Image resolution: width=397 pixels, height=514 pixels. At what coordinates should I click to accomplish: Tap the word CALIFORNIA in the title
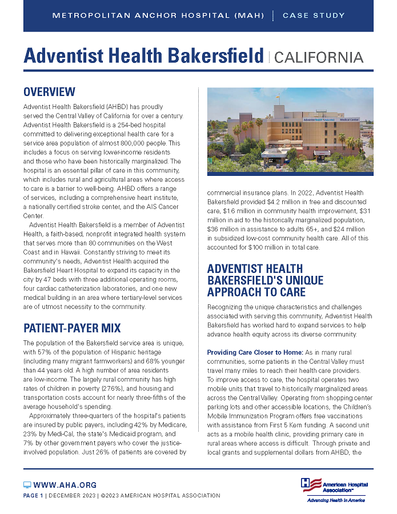click(x=319, y=57)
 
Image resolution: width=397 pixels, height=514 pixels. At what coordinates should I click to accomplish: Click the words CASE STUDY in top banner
click(x=314, y=15)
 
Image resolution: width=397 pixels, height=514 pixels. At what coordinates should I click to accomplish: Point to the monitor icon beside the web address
click(x=27, y=485)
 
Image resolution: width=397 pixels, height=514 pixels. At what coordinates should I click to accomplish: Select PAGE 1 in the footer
click(x=33, y=495)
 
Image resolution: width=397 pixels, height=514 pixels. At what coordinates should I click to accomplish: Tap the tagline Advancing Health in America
click(x=336, y=500)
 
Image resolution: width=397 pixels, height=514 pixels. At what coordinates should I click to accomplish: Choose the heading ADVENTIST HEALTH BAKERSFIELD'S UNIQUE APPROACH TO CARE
click(x=265, y=280)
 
